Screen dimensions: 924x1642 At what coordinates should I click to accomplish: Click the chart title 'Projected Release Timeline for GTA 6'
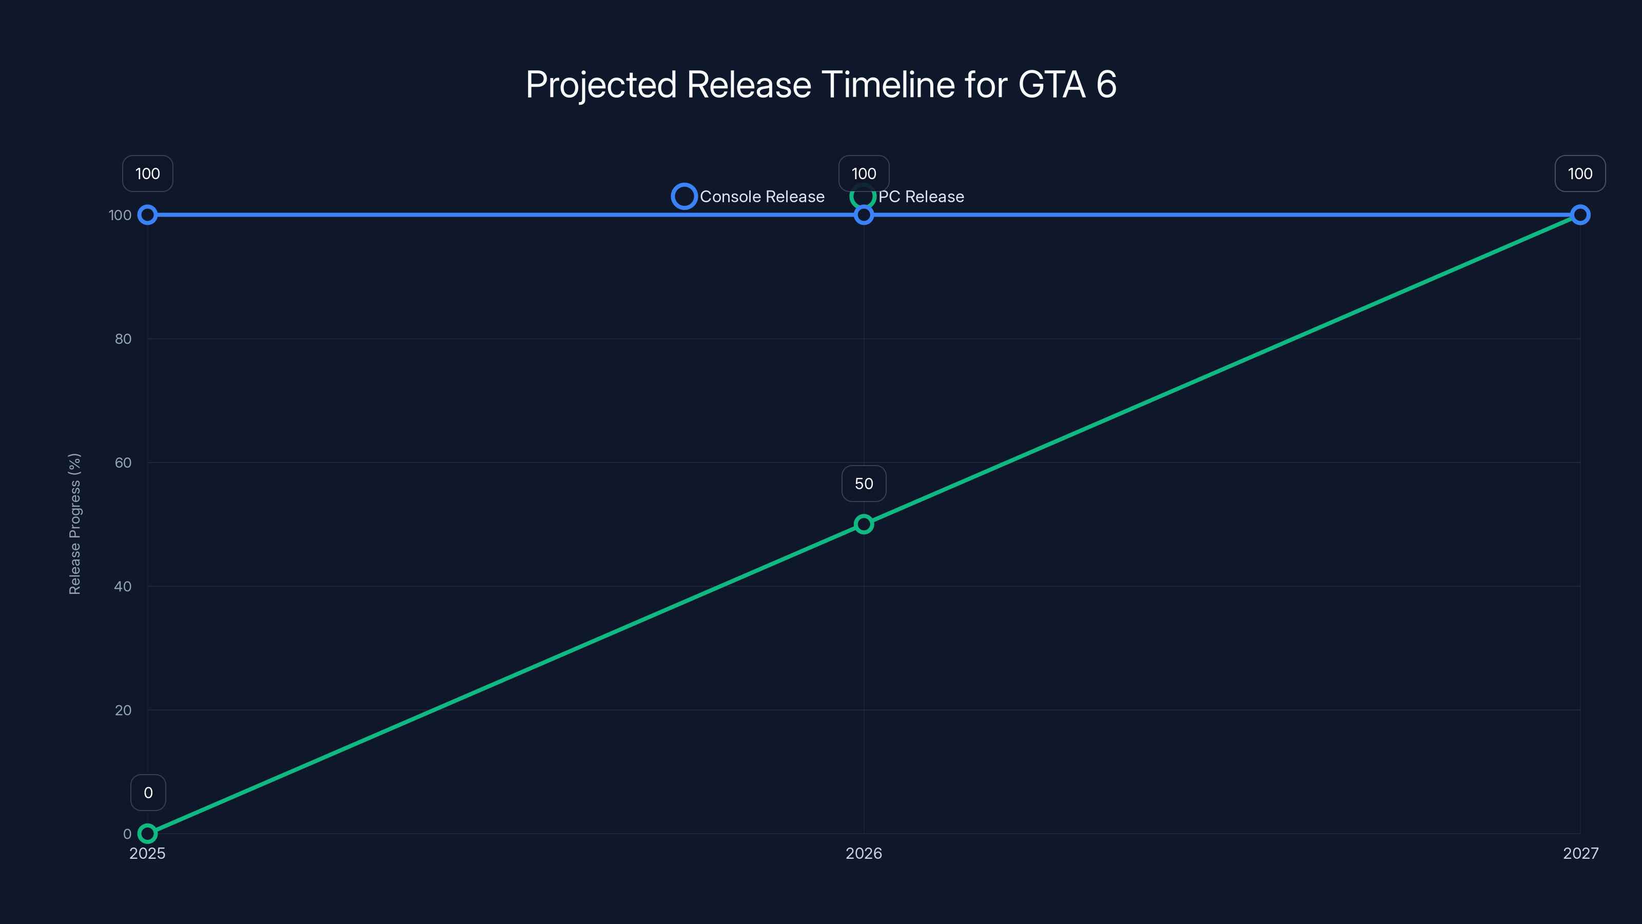(x=821, y=85)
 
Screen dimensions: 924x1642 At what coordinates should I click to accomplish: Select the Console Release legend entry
(x=748, y=197)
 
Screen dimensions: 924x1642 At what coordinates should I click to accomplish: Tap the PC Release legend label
(x=921, y=197)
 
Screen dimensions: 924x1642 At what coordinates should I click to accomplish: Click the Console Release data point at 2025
(x=147, y=215)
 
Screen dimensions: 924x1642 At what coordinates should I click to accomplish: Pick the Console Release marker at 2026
(x=864, y=216)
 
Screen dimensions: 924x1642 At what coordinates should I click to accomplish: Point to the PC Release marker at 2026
(x=864, y=524)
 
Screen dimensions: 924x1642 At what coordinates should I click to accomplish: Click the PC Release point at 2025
(x=147, y=834)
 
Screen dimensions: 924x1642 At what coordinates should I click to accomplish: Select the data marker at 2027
(x=1580, y=215)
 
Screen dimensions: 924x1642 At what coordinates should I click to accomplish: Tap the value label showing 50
(x=864, y=484)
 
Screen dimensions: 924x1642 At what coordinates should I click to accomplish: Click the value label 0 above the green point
(x=148, y=793)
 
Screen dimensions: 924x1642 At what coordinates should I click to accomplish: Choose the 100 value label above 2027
(x=1580, y=174)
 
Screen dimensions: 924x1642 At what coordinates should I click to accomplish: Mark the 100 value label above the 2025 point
(x=147, y=174)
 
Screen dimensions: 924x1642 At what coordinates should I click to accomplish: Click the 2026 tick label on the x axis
(x=864, y=853)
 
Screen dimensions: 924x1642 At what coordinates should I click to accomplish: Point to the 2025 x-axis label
(x=147, y=853)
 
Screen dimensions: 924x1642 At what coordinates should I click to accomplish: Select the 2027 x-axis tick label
(x=1580, y=853)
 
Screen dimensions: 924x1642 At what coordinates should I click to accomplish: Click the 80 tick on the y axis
(x=123, y=339)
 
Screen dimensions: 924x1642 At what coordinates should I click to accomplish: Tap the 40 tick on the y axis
(x=123, y=586)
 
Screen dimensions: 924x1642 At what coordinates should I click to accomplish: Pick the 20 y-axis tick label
(x=123, y=710)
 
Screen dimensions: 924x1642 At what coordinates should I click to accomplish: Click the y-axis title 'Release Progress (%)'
(x=74, y=524)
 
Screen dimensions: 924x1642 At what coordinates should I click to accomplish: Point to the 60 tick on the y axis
(x=123, y=463)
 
